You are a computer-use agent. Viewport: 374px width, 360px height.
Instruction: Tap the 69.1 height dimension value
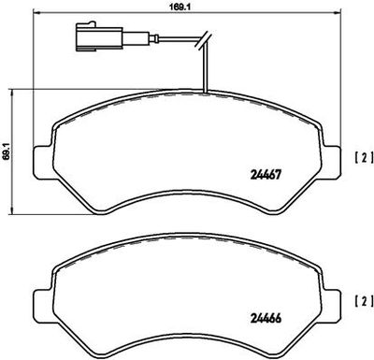[x=7, y=151]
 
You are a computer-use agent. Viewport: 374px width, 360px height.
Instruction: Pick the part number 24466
[x=266, y=319]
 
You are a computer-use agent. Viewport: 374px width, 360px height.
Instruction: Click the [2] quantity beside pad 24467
[x=364, y=158]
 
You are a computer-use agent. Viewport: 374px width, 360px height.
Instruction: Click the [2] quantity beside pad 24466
[x=364, y=301]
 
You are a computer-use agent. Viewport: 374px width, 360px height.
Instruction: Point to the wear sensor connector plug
[x=99, y=36]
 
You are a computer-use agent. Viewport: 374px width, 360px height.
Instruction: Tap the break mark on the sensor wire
[x=204, y=40]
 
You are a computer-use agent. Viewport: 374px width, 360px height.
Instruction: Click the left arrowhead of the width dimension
[x=36, y=13]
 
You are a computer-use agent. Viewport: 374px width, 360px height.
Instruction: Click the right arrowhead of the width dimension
[x=336, y=13]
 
